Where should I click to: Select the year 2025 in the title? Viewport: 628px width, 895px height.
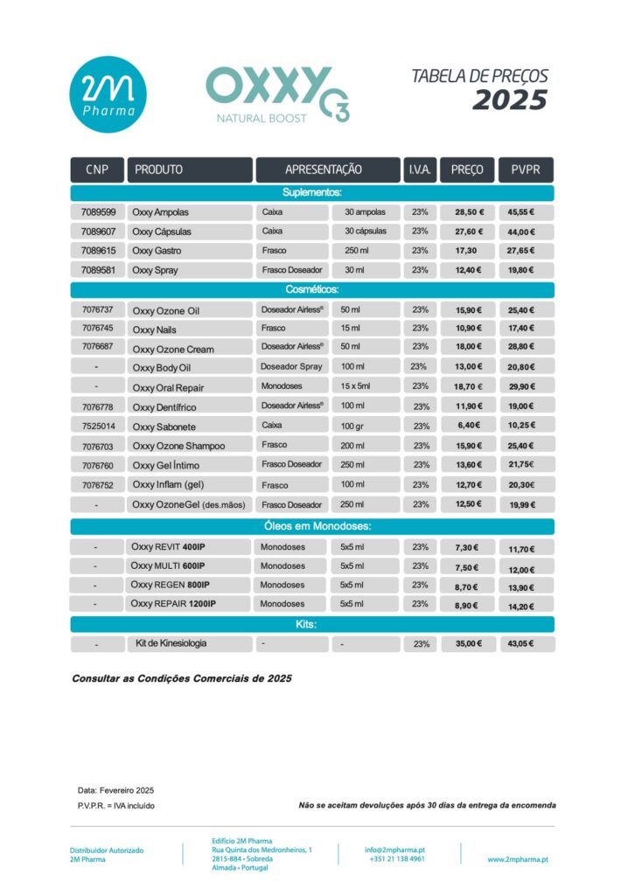510,101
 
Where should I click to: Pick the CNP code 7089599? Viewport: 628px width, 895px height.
98,212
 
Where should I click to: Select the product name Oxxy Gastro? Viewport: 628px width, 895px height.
157,251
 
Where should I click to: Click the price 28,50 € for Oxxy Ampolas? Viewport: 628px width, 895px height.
469,212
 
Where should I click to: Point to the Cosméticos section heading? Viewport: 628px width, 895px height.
312,289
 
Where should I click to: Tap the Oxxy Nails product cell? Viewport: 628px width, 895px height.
154,330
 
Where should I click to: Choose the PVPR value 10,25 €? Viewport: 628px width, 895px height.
521,426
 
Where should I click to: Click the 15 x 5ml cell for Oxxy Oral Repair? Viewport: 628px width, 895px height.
356,386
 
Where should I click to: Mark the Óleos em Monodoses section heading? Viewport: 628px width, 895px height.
312,526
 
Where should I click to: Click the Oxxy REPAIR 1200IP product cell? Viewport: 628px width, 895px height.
173,604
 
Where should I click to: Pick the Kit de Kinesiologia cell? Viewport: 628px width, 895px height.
171,643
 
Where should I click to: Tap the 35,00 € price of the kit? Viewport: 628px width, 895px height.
469,644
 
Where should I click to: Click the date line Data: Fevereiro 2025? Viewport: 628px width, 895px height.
115,790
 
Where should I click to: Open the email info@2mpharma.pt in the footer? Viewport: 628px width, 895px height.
395,849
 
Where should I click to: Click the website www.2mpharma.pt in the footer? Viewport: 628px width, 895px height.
518,859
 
